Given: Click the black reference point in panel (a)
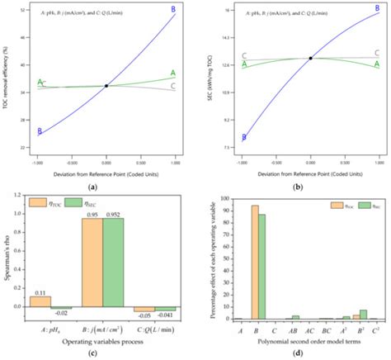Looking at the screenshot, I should [x=106, y=86].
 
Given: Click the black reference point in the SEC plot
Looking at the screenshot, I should [x=310, y=58].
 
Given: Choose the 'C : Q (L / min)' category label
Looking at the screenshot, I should [x=156, y=328].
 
